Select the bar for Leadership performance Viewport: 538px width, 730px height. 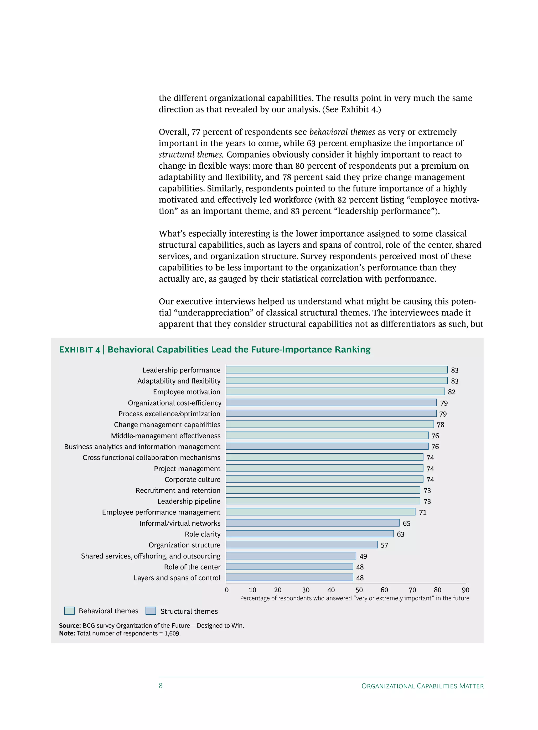337,370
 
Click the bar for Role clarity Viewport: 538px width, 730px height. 309,534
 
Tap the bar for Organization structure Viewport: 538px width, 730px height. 302,544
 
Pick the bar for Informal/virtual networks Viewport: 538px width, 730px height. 312,522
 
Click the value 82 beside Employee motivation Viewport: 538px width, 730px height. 451,392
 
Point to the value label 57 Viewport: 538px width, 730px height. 384,545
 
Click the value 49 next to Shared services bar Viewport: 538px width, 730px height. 363,556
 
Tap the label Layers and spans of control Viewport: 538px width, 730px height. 177,578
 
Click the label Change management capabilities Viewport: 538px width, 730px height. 167,424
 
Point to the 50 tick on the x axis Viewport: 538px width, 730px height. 359,590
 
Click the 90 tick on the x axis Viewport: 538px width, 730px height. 465,590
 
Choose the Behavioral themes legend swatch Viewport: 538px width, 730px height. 69,610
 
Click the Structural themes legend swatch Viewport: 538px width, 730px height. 151,610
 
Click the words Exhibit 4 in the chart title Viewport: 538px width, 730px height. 79,350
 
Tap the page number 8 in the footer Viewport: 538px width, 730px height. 161,685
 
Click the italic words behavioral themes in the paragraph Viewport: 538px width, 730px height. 342,132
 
